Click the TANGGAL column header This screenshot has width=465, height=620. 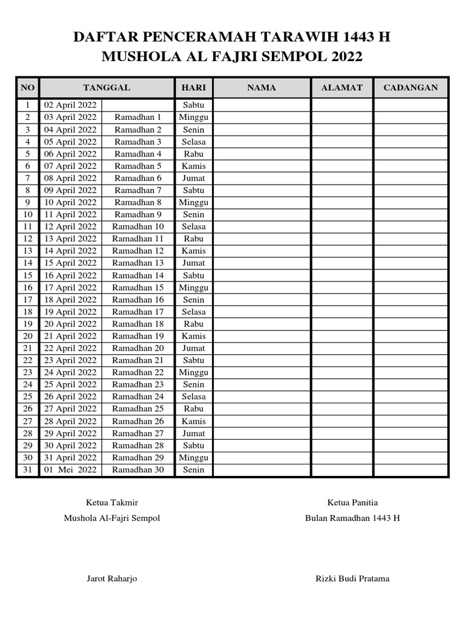[x=107, y=88]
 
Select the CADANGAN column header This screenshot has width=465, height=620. [x=411, y=88]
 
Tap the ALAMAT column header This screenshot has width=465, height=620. [x=341, y=88]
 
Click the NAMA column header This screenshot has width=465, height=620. [x=262, y=88]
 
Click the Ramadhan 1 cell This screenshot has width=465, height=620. [x=138, y=117]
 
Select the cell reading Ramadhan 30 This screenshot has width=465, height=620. [x=138, y=470]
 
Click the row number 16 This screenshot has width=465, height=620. [x=28, y=288]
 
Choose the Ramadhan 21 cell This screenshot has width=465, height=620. [x=138, y=360]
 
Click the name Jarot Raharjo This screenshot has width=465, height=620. [x=112, y=579]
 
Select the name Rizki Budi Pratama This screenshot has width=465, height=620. [x=352, y=579]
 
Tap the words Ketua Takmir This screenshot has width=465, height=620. [x=112, y=503]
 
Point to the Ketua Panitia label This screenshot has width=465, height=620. [x=352, y=503]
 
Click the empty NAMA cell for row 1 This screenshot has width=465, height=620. [x=262, y=105]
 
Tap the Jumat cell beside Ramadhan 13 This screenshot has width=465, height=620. [x=194, y=263]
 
